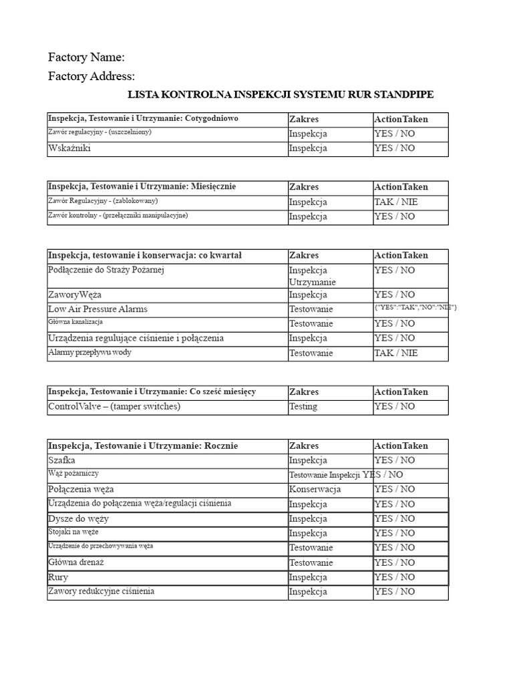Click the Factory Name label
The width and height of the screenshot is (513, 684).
click(x=87, y=57)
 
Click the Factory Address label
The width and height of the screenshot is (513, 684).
click(x=92, y=76)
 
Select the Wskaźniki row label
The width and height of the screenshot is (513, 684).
click(x=69, y=148)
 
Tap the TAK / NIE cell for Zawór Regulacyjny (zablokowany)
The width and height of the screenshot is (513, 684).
click(x=395, y=202)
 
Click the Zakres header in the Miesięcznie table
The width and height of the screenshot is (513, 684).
click(x=304, y=187)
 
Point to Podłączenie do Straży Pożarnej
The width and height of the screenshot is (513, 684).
click(x=106, y=270)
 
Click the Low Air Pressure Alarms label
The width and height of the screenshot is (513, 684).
click(x=98, y=309)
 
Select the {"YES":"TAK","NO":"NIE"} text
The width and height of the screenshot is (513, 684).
click(x=415, y=307)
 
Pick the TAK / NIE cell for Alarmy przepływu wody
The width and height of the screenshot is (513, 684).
click(x=395, y=353)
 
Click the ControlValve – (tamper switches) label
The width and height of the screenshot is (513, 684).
click(x=114, y=406)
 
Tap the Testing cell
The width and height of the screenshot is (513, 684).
click(x=303, y=406)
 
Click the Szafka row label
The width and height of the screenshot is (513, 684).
click(x=62, y=460)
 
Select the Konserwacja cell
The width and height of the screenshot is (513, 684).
click(x=315, y=489)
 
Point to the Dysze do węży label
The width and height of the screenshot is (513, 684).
click(x=79, y=518)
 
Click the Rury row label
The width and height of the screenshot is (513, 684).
click(x=58, y=577)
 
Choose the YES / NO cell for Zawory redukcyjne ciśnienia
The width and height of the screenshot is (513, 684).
click(x=395, y=592)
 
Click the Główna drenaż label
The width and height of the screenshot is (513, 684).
click(x=76, y=562)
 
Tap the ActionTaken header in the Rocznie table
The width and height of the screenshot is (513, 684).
click(x=401, y=446)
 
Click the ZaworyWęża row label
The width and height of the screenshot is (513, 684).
click(x=75, y=295)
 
